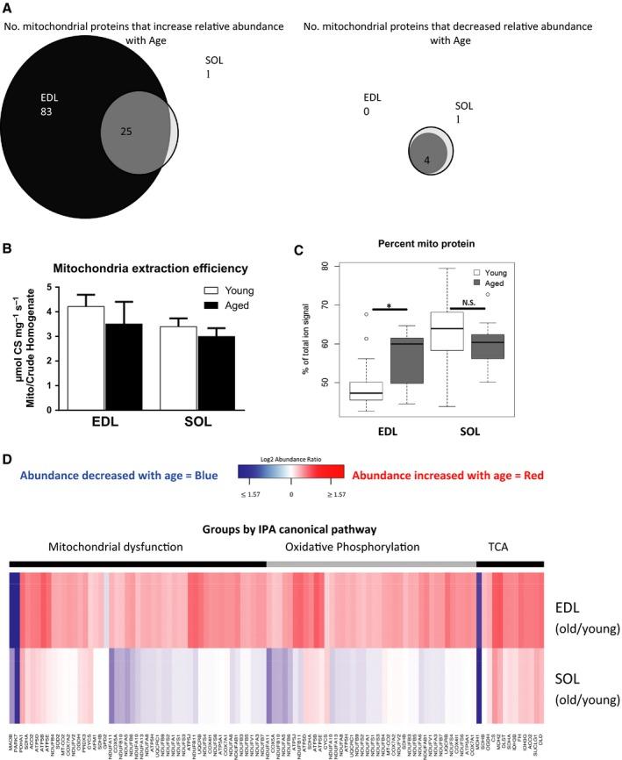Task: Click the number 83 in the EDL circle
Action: tap(49, 113)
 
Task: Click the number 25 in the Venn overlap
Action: tap(127, 131)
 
